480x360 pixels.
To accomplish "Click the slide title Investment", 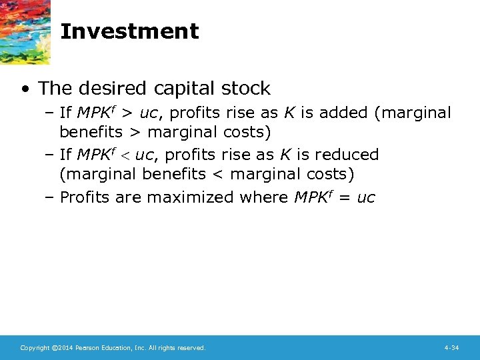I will pyautogui.click(x=129, y=31).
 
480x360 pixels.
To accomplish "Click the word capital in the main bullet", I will pyautogui.click(x=186, y=89).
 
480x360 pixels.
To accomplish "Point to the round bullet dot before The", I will pyautogui.click(x=25, y=89).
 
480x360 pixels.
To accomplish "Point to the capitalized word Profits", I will pyautogui.click(x=85, y=197).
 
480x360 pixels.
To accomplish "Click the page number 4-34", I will pyautogui.click(x=451, y=348).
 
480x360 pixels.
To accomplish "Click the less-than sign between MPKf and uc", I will pyautogui.click(x=124, y=155).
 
